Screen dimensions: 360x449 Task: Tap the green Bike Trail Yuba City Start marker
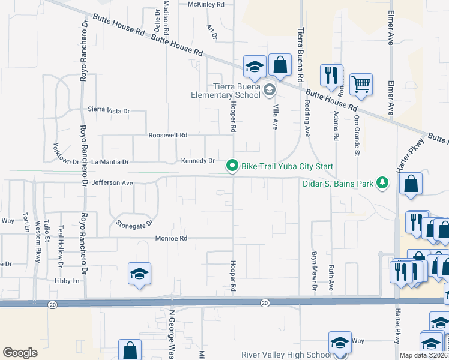click(x=231, y=166)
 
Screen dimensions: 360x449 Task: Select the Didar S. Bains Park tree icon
click(x=381, y=182)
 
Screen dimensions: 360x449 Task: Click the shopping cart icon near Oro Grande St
click(x=361, y=85)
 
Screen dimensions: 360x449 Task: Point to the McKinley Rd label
click(x=206, y=4)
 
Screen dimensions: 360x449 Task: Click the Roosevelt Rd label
click(x=169, y=135)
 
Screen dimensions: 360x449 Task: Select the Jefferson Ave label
click(x=112, y=182)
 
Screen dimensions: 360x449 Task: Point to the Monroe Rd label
click(x=172, y=238)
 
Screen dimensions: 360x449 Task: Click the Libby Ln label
click(x=67, y=281)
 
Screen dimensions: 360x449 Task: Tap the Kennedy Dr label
click(x=197, y=161)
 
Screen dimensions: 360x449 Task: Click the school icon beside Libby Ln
click(x=139, y=274)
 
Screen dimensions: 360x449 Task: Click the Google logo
click(x=20, y=353)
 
